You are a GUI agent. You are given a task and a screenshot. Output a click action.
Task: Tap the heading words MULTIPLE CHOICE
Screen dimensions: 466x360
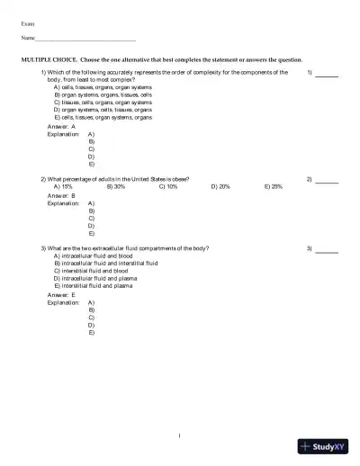tap(49, 58)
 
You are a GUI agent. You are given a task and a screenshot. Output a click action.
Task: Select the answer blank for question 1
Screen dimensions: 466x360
tap(327, 72)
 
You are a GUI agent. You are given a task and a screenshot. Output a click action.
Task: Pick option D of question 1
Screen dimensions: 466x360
tap(103, 110)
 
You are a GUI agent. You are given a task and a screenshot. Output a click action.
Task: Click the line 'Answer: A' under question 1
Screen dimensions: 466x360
tap(61, 127)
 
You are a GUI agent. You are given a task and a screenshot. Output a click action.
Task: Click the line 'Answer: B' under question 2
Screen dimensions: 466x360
tap(61, 194)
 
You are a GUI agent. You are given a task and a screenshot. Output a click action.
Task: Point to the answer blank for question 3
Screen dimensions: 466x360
tap(327, 247)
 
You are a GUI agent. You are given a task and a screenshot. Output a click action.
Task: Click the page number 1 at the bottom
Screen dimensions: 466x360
tap(180, 436)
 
